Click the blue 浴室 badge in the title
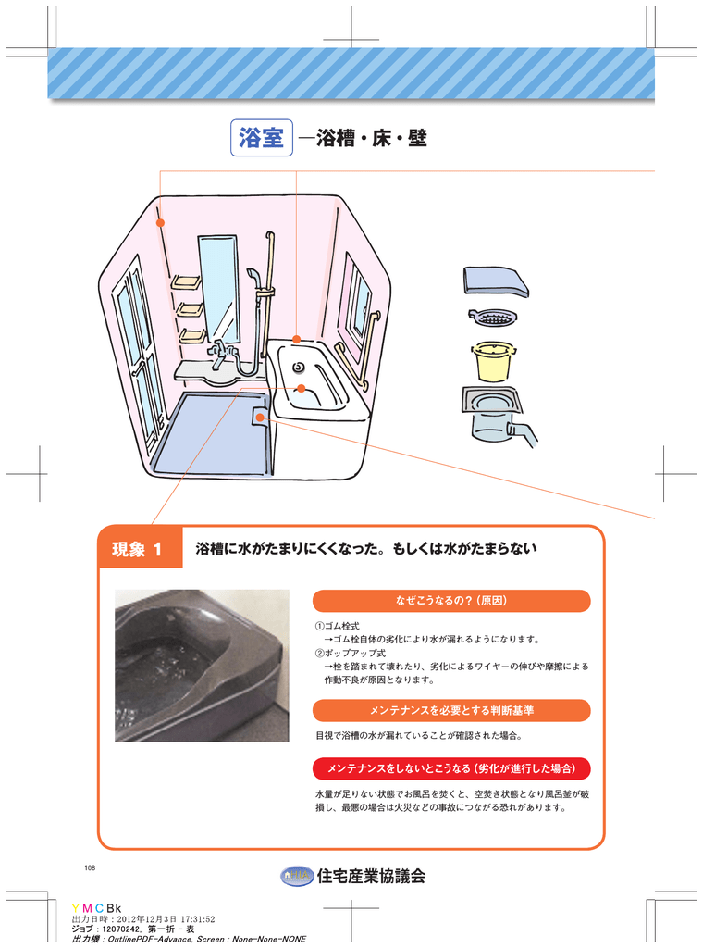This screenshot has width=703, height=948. coord(261,139)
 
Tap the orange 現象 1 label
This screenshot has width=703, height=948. coord(137,549)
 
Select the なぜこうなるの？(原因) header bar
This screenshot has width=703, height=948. coord(451,601)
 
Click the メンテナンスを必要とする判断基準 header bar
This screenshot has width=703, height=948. coord(451,710)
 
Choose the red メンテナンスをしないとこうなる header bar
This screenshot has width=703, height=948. coord(451,768)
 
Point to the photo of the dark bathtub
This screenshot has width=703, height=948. coord(202,665)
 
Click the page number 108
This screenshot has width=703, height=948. coord(90,867)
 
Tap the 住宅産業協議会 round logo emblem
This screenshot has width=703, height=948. coord(295,876)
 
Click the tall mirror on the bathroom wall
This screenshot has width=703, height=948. coord(218,287)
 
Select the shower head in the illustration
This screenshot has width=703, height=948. coord(253,276)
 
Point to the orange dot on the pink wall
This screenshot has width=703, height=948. coord(160,223)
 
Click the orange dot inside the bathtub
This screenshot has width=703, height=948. coord(301,388)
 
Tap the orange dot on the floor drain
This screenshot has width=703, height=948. coord(261,418)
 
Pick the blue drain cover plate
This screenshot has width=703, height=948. coord(496,281)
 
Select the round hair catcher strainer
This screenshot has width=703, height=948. coord(492,318)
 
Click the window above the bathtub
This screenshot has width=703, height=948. coord(357,301)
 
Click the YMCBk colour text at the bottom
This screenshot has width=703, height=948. coord(96,907)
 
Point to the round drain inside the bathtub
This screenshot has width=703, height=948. coord(299,368)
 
